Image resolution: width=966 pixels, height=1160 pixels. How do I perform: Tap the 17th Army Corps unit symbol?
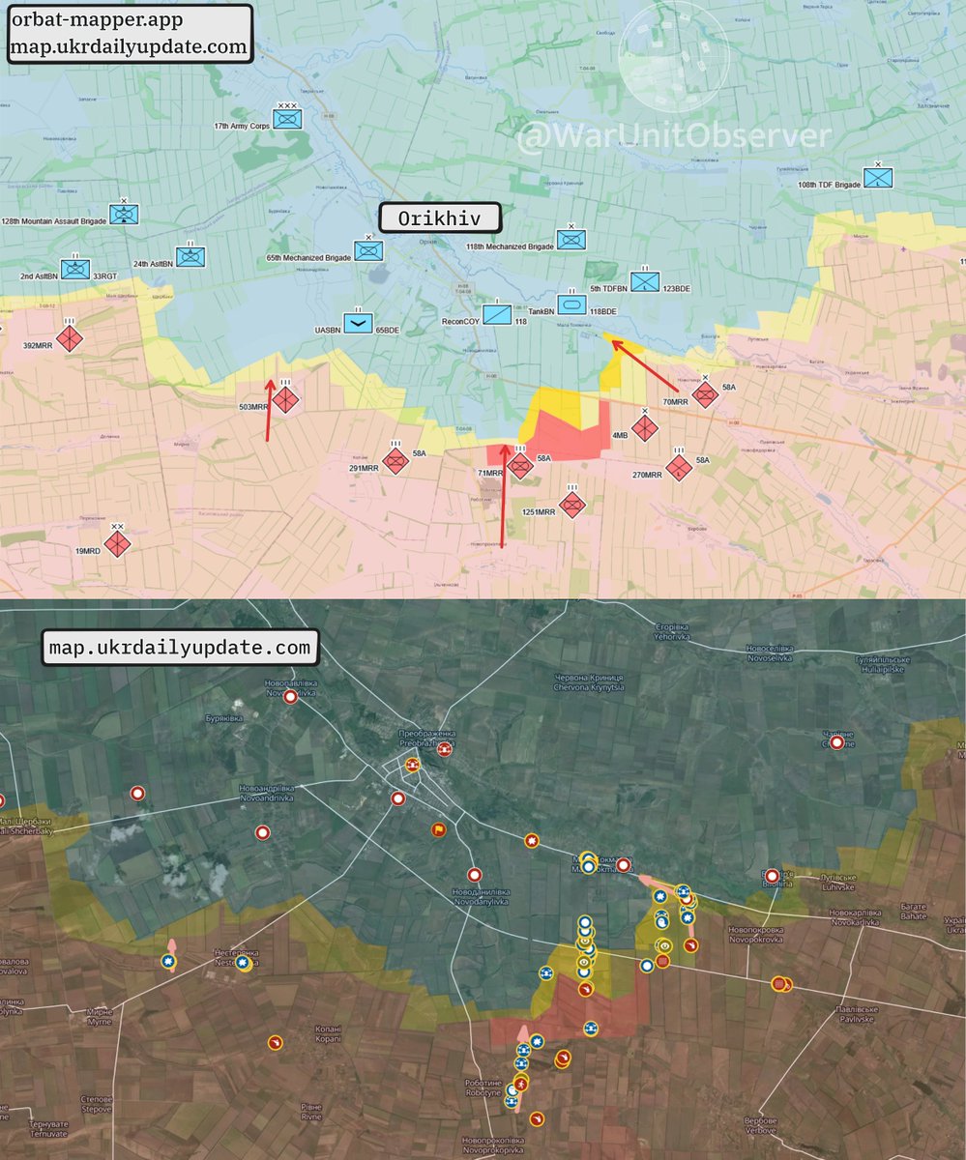point(287,119)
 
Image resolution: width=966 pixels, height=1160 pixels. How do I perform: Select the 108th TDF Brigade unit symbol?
point(878,178)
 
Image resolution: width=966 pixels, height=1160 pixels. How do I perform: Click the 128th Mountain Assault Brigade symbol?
point(125,213)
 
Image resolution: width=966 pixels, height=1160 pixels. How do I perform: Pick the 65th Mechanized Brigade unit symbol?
point(367,250)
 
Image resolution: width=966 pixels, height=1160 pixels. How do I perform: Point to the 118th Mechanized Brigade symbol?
point(571,239)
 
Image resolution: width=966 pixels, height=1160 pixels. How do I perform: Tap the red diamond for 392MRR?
point(70,338)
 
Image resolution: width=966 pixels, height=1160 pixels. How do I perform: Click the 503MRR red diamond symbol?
point(286,399)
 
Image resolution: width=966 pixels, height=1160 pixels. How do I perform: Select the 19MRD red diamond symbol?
point(117,544)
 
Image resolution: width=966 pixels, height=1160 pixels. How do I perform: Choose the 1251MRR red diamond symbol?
point(572,504)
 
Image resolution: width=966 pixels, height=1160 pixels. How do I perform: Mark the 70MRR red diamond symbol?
point(706,393)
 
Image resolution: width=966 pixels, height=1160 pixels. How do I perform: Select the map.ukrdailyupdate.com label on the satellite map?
point(182,647)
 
